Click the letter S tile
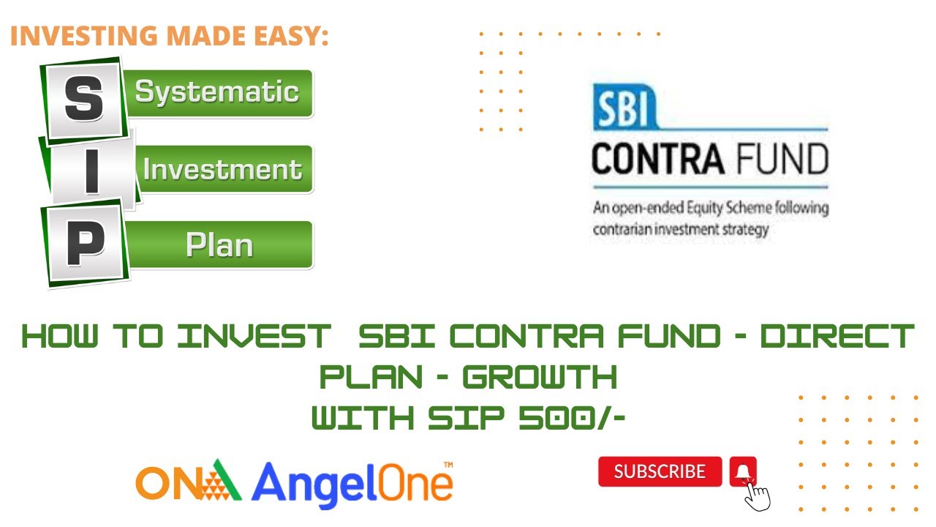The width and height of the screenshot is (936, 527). click(x=83, y=100)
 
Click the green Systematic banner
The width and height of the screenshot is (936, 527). click(x=217, y=93)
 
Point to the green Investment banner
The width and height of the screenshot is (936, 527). click(x=222, y=169)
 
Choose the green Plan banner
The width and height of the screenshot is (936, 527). click(x=219, y=245)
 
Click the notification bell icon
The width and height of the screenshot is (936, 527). click(x=743, y=471)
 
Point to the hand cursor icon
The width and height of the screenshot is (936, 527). click(x=758, y=496)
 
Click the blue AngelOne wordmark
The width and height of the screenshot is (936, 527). click(x=352, y=484)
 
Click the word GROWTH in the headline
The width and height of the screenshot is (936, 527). click(x=540, y=378)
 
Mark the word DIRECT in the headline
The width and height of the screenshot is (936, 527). click(x=837, y=337)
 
